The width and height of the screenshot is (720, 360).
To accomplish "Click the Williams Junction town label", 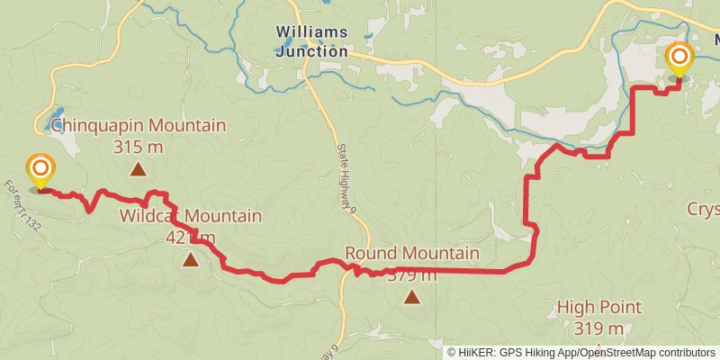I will [311, 42].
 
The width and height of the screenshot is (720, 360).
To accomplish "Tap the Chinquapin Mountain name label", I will [139, 125].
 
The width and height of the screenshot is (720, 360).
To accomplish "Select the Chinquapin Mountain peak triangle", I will [139, 168].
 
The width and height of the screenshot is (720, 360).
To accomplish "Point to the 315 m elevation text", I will [139, 146].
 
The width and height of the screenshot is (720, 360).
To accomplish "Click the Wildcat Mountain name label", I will [191, 216].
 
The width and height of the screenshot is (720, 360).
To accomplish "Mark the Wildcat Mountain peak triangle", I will [191, 260].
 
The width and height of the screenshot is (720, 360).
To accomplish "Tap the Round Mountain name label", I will [412, 253].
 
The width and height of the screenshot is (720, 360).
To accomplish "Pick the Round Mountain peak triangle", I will [412, 296].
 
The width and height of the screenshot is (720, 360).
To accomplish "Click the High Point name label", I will [599, 307].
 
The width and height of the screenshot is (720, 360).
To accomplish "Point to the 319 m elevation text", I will [599, 328].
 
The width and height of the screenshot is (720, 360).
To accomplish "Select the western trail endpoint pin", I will [40, 170].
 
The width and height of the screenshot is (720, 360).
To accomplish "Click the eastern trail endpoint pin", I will [679, 61].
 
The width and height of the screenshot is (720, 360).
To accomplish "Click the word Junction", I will [311, 51].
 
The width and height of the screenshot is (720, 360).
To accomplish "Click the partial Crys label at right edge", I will [704, 209].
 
